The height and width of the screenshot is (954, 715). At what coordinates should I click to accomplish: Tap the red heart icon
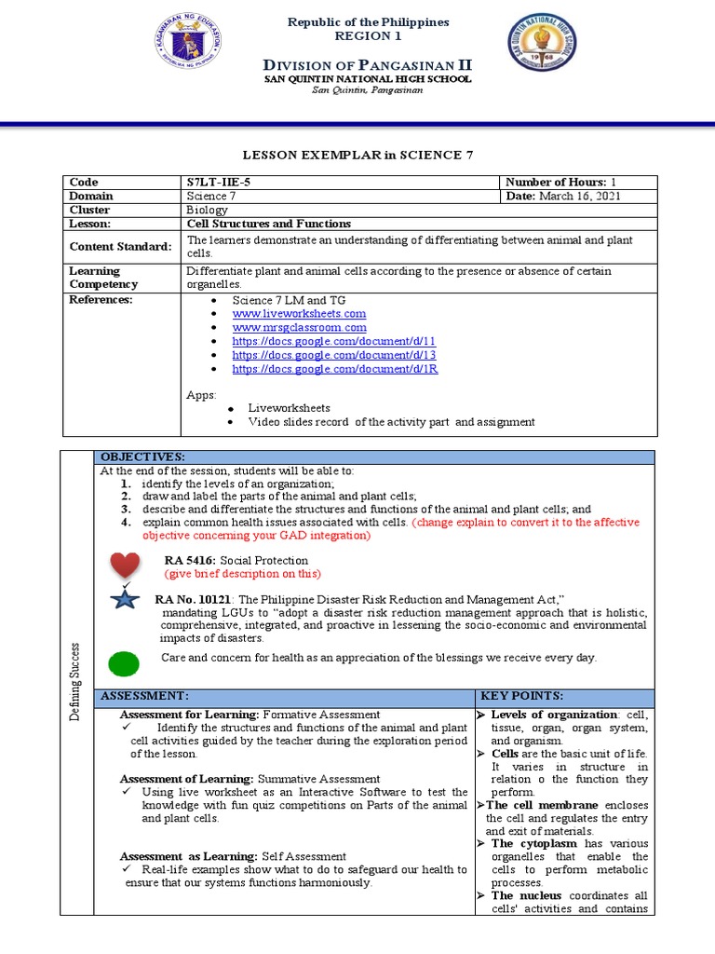coord(125,566)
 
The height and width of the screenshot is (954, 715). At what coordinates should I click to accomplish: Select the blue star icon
coord(125,598)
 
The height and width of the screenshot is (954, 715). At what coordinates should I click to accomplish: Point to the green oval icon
coord(124,663)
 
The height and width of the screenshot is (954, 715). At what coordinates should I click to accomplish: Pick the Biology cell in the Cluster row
coord(208,211)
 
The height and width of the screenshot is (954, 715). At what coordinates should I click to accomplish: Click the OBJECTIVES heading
coord(142,457)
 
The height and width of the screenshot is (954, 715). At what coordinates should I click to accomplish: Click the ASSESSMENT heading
coord(144,696)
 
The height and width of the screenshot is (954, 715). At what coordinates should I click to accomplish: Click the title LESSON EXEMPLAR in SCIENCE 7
coord(357,155)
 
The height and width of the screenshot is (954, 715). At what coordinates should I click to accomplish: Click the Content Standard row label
coord(120,247)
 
